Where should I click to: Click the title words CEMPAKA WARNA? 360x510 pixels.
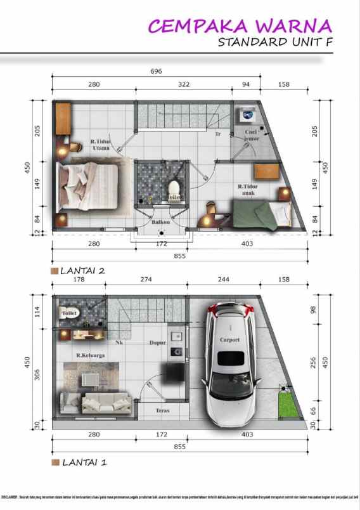tap(240, 26)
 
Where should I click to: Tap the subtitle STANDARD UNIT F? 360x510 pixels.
tap(274, 43)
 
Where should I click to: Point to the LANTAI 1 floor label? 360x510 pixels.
tap(82, 462)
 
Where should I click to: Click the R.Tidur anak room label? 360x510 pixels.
tap(247, 190)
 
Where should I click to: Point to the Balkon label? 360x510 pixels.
tap(160, 223)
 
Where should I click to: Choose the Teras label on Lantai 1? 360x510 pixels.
tap(162, 410)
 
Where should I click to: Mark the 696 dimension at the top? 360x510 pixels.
tap(156, 72)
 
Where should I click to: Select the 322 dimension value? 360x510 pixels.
tap(184, 84)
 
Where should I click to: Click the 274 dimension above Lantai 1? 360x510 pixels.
tap(146, 279)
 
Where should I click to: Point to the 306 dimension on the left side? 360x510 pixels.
tap(36, 375)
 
